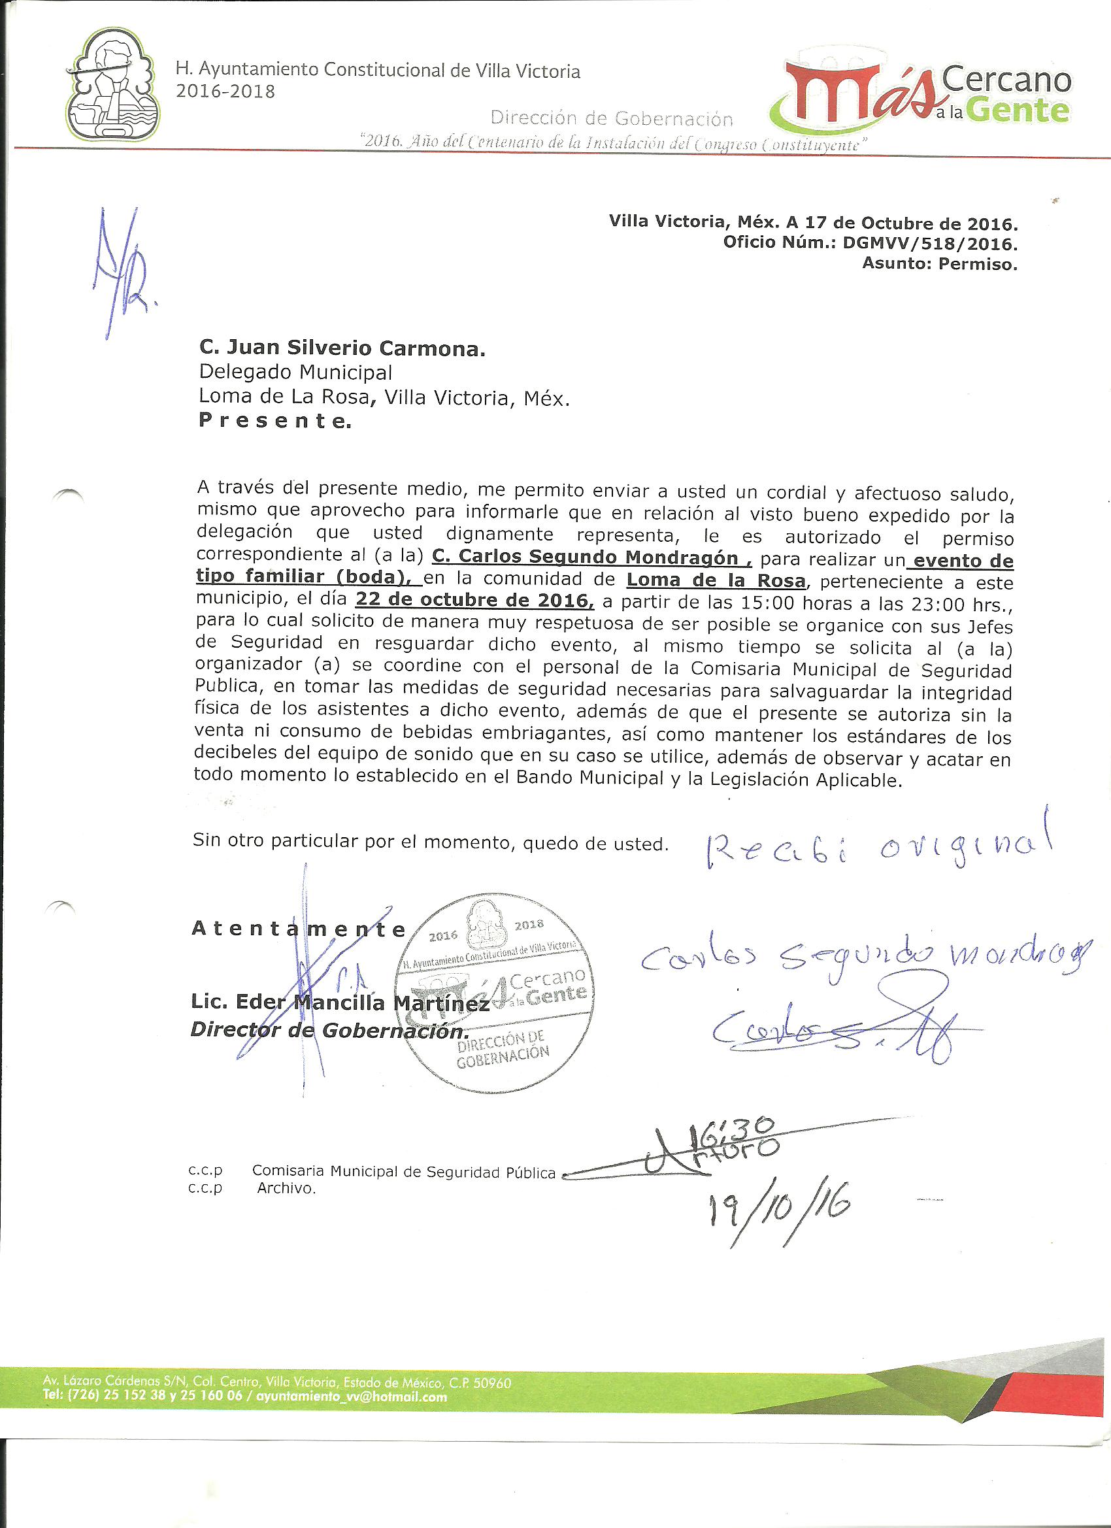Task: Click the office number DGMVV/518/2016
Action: [930, 242]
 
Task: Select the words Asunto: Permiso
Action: [939, 264]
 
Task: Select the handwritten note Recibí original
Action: [875, 852]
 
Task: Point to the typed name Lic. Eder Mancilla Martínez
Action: [340, 1003]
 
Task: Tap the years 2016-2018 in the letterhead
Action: [225, 91]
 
